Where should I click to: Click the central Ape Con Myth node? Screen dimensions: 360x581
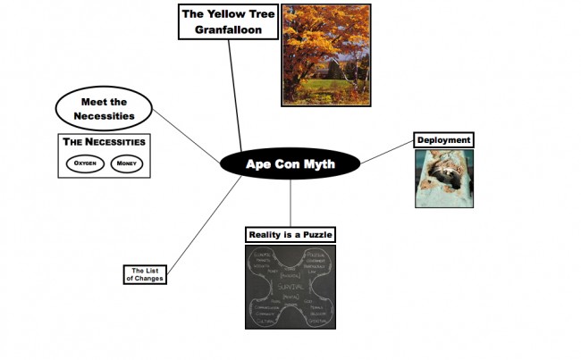coord(290,163)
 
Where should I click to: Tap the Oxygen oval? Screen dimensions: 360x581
coord(87,163)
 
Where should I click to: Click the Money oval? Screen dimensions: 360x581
coord(125,163)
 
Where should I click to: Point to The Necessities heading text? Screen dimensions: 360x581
coord(103,142)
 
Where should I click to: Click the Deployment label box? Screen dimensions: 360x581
coord(443,139)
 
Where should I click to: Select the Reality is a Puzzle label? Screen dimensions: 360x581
coord(290,234)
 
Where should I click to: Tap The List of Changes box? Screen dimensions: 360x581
coord(145,273)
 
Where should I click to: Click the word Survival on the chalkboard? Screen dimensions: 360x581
coord(290,286)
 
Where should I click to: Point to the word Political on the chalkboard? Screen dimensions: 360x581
coord(316,255)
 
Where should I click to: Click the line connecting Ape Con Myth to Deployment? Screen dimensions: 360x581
coord(387,152)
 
